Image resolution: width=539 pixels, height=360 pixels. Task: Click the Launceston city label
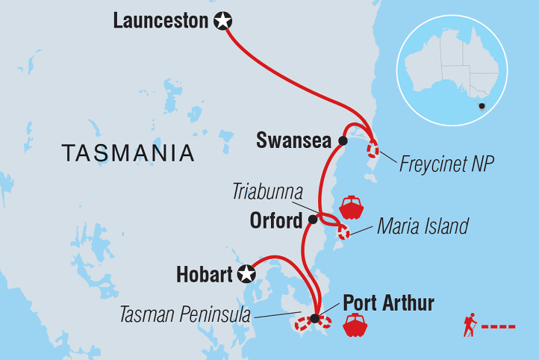click(161, 21)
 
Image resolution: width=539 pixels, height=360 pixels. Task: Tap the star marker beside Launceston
click(222, 22)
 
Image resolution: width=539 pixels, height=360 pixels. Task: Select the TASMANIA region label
click(128, 153)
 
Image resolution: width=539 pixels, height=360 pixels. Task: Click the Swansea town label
click(294, 140)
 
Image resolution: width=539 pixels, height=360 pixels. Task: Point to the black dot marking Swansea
click(343, 140)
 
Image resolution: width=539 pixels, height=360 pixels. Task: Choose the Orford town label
click(277, 220)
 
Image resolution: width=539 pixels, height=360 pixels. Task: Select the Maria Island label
click(424, 225)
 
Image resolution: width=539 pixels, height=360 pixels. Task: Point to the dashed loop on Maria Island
click(343, 232)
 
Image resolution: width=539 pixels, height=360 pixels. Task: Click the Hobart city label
click(205, 275)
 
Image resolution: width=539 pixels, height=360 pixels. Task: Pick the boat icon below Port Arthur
click(354, 326)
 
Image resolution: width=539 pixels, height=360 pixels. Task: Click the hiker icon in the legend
click(470, 326)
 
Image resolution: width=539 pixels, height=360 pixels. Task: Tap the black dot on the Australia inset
click(482, 106)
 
